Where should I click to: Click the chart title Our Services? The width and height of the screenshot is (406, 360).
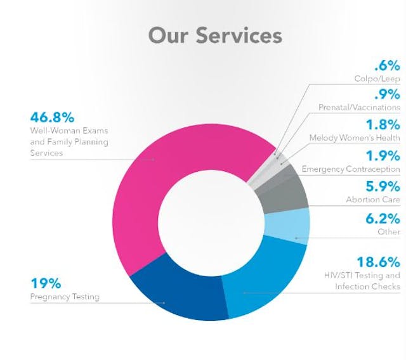coord(214,35)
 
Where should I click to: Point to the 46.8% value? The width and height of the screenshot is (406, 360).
coord(52,117)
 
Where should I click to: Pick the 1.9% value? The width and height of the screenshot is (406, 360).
coord(383,155)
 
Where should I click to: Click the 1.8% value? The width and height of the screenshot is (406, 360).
coord(383,124)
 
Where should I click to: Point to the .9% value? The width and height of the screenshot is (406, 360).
coord(387,94)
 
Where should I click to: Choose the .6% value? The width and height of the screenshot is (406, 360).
coord(387,65)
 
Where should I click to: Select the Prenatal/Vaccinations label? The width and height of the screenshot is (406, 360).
coord(358,108)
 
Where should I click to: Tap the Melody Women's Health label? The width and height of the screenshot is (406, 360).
coord(354,138)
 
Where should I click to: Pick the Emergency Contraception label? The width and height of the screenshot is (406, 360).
coord(350,169)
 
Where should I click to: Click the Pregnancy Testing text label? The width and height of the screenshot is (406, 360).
coord(65,297)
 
